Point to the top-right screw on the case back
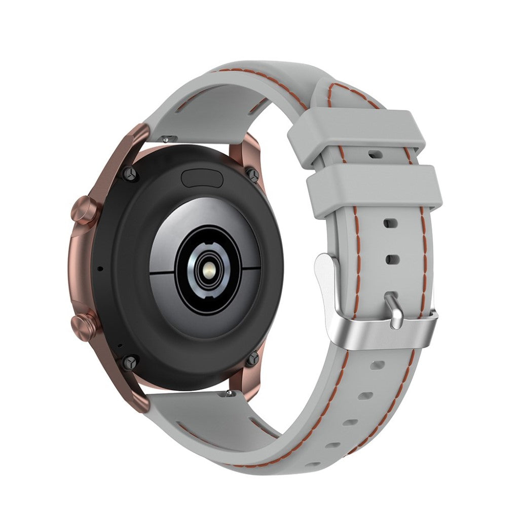[253, 175]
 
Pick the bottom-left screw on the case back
[131, 362]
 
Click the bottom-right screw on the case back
[252, 358]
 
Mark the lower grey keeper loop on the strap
[374, 191]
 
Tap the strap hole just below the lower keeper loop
[390, 223]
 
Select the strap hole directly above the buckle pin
[392, 259]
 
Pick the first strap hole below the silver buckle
[378, 365]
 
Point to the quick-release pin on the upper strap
[168, 139]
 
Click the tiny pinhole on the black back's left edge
[99, 268]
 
